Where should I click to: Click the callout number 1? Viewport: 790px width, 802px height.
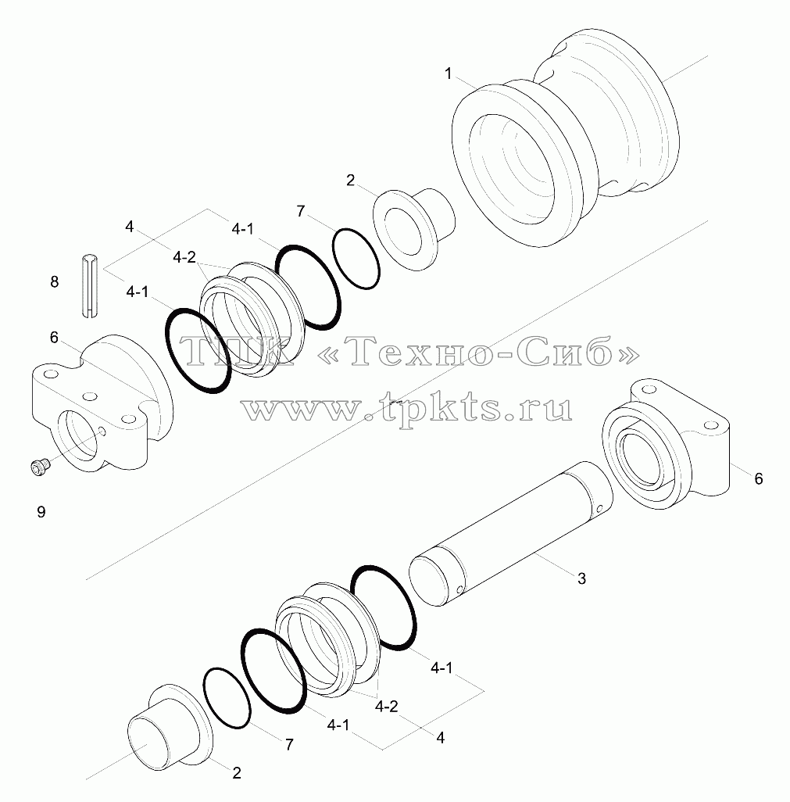point(449,74)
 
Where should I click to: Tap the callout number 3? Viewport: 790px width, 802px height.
point(581,578)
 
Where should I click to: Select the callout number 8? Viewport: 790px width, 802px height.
point(54,281)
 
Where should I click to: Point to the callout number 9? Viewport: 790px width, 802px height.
point(41,511)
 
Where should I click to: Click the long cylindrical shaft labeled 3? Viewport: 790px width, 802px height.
point(511,533)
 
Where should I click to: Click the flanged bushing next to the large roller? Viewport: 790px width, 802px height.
point(413,229)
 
